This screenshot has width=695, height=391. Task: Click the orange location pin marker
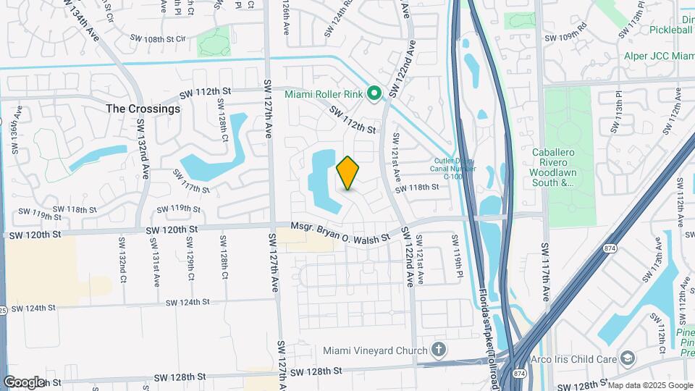pos(348,173)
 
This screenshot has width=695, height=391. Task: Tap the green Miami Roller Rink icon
pos(374,93)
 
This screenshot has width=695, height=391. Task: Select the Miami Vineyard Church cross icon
pos(438,350)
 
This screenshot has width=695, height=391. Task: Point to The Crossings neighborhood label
pos(143,109)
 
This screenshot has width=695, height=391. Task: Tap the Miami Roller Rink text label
pos(323,94)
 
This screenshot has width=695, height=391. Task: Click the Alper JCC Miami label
pos(658,56)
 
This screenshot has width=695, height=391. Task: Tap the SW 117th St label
pos(191,180)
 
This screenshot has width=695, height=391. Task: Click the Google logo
pos(24,382)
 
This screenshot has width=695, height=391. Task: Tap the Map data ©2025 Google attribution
pos(649,384)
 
